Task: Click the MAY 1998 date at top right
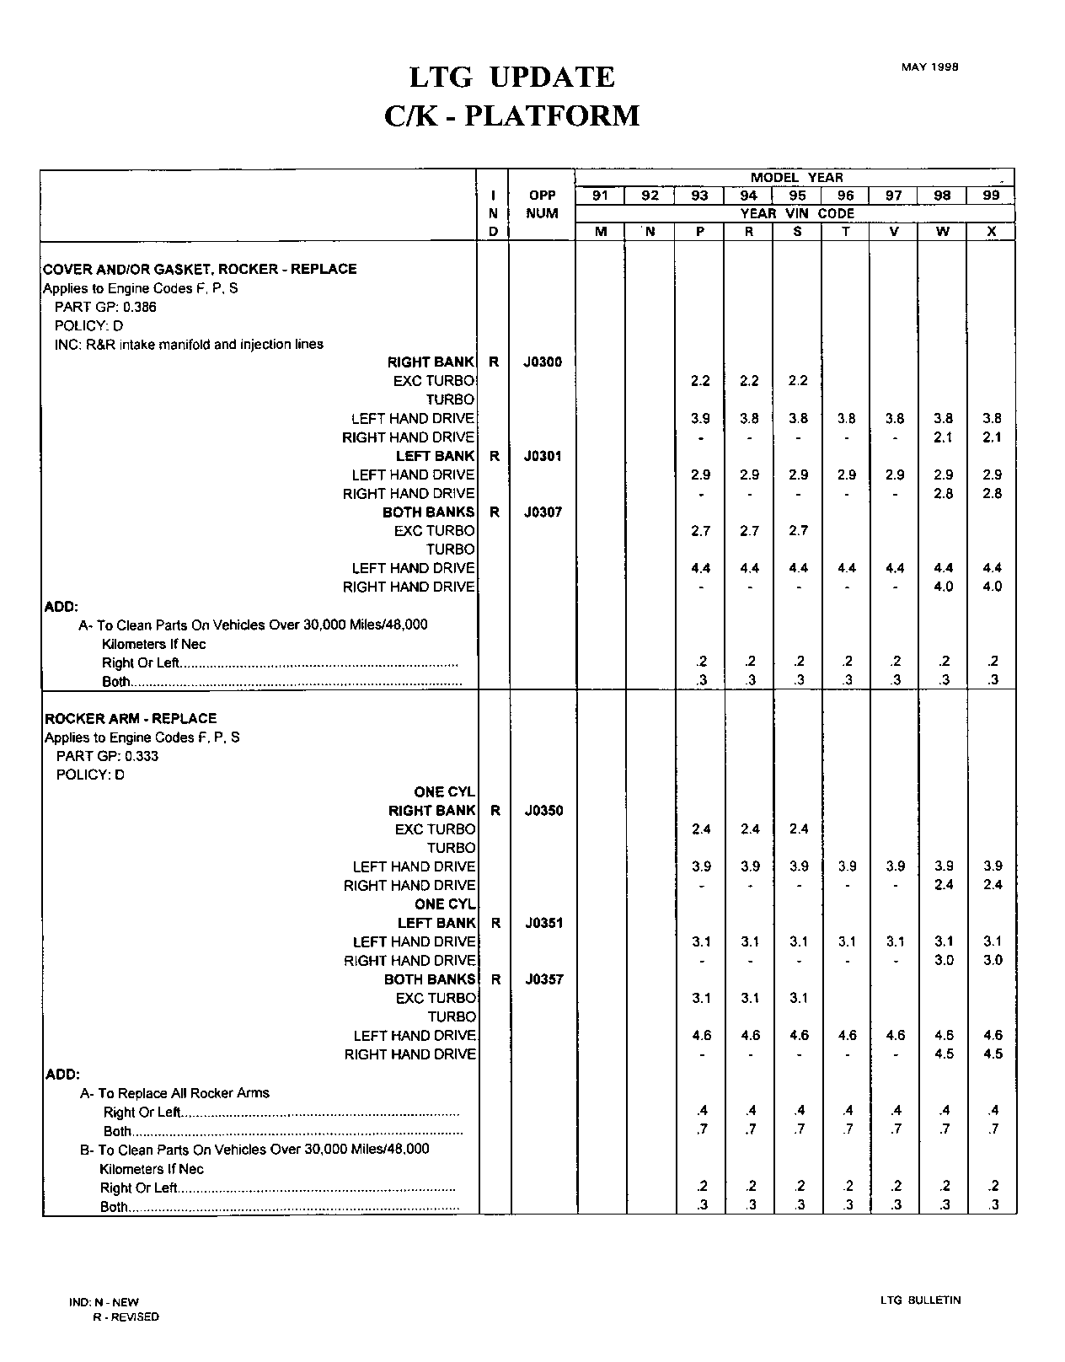pyautogui.click(x=929, y=67)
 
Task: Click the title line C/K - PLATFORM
pyautogui.click(x=511, y=115)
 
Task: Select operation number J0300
pyautogui.click(x=542, y=362)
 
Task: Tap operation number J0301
pyautogui.click(x=542, y=456)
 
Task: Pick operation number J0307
pyautogui.click(x=542, y=512)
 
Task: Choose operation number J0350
pyautogui.click(x=543, y=811)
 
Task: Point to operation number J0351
pyautogui.click(x=543, y=923)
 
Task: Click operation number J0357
pyautogui.click(x=543, y=979)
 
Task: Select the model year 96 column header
pyautogui.click(x=845, y=196)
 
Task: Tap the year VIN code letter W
pyautogui.click(x=943, y=232)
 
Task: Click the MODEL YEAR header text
pyautogui.click(x=796, y=177)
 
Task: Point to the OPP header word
pyautogui.click(x=542, y=196)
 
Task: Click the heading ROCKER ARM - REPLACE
pyautogui.click(x=131, y=718)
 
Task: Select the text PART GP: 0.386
pyautogui.click(x=105, y=307)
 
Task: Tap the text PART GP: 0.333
pyautogui.click(x=107, y=756)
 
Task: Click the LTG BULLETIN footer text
pyautogui.click(x=920, y=1300)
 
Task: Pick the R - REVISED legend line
pyautogui.click(x=126, y=1316)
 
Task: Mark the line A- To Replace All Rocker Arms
pyautogui.click(x=174, y=1093)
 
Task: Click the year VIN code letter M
pyautogui.click(x=601, y=232)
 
